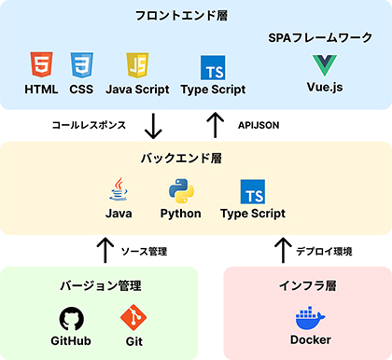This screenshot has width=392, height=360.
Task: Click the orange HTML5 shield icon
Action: pos(40,65)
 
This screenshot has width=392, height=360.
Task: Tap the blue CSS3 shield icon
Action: pos(81,65)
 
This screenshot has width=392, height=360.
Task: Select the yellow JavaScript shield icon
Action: pos(137,65)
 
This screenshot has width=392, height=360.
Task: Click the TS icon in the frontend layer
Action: pos(214,67)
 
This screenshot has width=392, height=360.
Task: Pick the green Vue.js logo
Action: pos(326,65)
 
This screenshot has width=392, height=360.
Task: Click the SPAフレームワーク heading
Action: pos(320,37)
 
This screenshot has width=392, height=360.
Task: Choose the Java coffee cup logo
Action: pos(118,189)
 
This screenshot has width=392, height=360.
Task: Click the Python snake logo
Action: pos(180,190)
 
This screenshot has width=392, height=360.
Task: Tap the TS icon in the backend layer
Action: pos(252,191)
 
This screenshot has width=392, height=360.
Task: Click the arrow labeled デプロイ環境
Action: pos(281,249)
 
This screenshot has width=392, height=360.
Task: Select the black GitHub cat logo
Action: pos(74,317)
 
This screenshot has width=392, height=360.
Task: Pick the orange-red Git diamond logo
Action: pos(133,317)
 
